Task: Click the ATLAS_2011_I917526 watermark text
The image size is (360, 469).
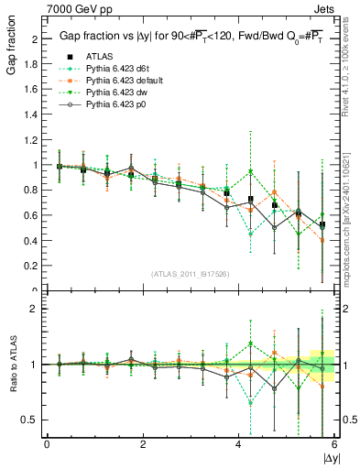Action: (x=189, y=274)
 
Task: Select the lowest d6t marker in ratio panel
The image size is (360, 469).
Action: (x=250, y=403)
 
